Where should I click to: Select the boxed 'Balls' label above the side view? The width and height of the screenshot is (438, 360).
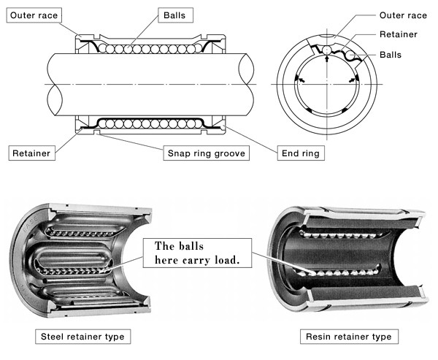(x=174, y=14)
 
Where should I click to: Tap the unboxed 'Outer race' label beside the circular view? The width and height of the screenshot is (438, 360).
(x=402, y=15)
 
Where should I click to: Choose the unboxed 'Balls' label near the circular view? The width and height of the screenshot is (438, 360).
(x=391, y=55)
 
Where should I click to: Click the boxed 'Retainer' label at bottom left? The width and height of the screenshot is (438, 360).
(x=29, y=153)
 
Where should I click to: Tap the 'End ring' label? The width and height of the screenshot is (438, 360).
(x=300, y=153)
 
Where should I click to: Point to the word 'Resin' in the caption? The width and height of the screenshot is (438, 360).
(x=322, y=337)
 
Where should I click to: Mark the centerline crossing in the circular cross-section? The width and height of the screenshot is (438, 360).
(x=328, y=85)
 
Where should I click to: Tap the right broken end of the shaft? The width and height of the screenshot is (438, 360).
(x=252, y=85)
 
